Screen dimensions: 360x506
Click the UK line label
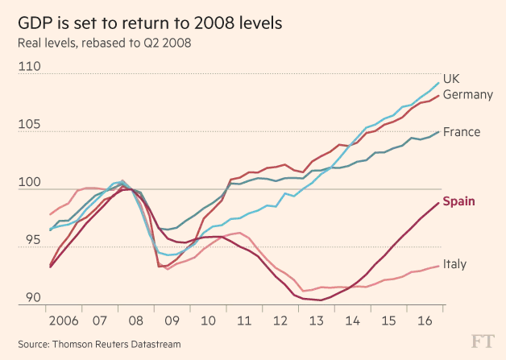point(452,78)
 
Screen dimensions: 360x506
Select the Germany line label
point(468,95)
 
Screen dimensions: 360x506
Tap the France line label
point(462,132)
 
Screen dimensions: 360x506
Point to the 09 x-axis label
point(172,321)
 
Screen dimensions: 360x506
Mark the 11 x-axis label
point(243,321)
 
